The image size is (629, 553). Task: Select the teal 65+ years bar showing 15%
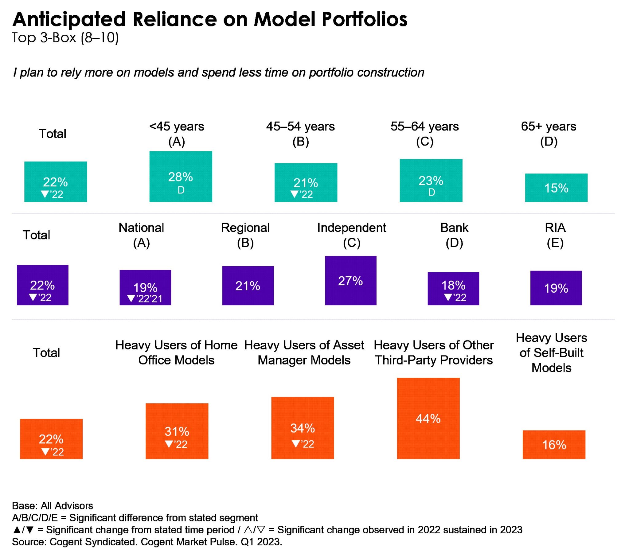pos(556,187)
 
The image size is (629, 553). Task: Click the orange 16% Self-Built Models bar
pos(554,444)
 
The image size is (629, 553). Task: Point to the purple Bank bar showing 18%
pos(453,288)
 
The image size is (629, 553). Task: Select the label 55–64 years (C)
pos(424,134)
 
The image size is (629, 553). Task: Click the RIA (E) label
pos(555,235)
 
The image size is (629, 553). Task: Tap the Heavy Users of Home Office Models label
pos(176,352)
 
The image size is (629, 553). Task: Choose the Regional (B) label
pos(245,235)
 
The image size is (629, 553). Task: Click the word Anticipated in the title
pos(69,19)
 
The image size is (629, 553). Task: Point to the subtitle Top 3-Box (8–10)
pos(65,37)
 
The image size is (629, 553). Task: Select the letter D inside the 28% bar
pos(181,190)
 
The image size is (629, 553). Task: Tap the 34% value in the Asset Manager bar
pos(303,428)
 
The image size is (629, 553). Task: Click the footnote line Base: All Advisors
pos(52,506)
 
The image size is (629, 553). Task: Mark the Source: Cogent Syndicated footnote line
pos(147,542)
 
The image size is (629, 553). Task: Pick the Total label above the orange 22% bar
pos(46,352)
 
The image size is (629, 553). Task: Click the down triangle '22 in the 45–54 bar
pos(302,194)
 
